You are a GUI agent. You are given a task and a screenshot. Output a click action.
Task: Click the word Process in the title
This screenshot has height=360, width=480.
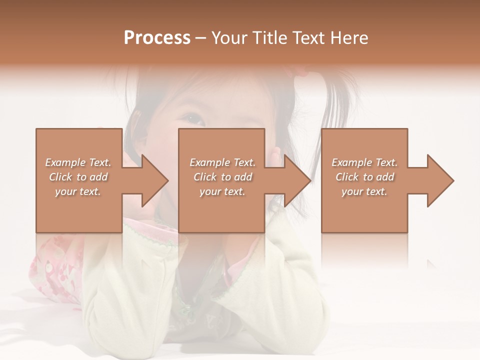click(157, 38)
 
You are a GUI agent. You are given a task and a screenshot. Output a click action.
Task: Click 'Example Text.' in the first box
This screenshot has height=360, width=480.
click(78, 162)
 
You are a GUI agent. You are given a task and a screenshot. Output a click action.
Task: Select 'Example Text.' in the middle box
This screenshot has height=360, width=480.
click(222, 162)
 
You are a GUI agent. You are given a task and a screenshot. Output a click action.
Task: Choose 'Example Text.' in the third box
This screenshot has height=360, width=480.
click(364, 162)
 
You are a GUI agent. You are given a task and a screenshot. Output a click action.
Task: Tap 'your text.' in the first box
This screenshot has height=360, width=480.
click(78, 191)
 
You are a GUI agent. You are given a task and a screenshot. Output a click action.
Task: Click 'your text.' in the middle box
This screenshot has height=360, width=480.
click(222, 191)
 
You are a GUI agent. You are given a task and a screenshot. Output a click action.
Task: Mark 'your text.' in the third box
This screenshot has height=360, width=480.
click(364, 191)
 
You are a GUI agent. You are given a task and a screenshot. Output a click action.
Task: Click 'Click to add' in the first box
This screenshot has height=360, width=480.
click(78, 177)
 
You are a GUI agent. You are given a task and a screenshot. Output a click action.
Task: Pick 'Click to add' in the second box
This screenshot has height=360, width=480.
click(222, 177)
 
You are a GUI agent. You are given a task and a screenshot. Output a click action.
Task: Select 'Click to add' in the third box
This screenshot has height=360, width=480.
click(364, 177)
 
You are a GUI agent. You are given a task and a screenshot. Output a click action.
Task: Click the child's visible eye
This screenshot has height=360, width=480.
click(193, 118)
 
